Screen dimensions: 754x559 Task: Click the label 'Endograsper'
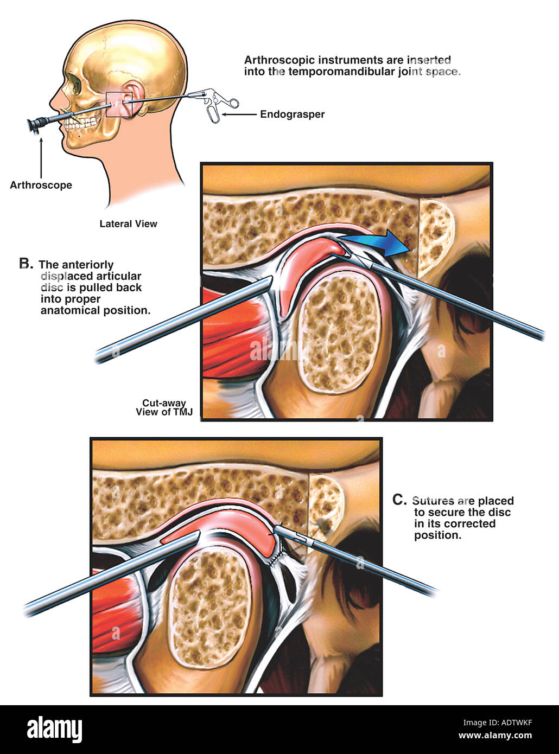coord(292,114)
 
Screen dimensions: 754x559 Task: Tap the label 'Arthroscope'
coord(41,186)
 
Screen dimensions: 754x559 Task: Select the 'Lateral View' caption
coord(128,223)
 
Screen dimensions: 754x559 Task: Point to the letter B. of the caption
coord(26,264)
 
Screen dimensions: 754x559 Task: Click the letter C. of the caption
coord(399,500)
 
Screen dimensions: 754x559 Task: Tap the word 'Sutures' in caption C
coord(433,501)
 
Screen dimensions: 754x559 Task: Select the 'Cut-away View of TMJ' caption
coord(164,407)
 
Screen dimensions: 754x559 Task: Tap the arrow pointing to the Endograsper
coord(238,114)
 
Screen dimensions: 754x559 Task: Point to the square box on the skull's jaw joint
coord(118,104)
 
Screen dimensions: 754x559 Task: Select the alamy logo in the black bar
coord(55,730)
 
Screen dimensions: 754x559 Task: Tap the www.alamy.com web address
coord(495,736)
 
